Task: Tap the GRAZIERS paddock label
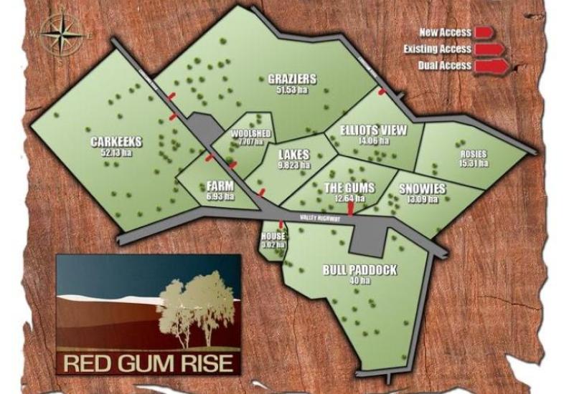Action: pos(292,79)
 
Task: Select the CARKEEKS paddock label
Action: pos(117,141)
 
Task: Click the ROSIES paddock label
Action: pos(474,154)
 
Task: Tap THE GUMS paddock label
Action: pos(349,188)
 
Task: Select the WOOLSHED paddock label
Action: pos(250,133)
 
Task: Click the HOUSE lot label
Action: pos(275,236)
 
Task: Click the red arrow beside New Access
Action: pos(484,32)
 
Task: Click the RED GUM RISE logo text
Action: pos(149,362)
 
